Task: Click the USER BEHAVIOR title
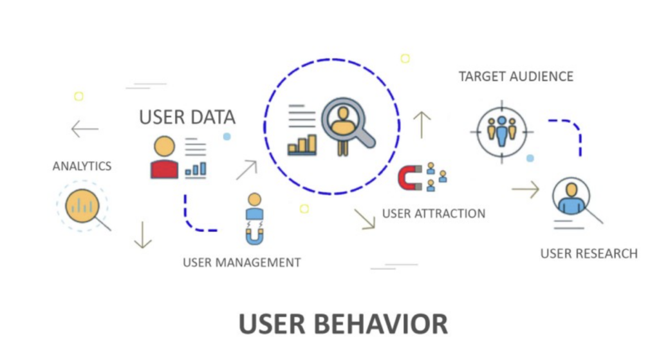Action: coord(343,324)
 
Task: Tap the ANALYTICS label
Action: coord(82,166)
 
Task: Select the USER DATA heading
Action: coord(187,117)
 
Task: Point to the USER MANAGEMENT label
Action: coord(242,262)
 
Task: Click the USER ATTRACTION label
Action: coord(434,214)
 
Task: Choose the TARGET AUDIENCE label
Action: coord(515,77)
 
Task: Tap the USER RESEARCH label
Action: coord(589,254)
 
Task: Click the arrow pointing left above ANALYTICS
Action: coord(85,129)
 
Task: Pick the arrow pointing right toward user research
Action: coord(525,189)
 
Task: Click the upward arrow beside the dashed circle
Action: coord(422,124)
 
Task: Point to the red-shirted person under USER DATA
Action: coord(164,157)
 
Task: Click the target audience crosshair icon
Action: coord(502,131)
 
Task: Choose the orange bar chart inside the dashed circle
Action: coord(302,144)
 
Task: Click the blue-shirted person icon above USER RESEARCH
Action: coord(571,198)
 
